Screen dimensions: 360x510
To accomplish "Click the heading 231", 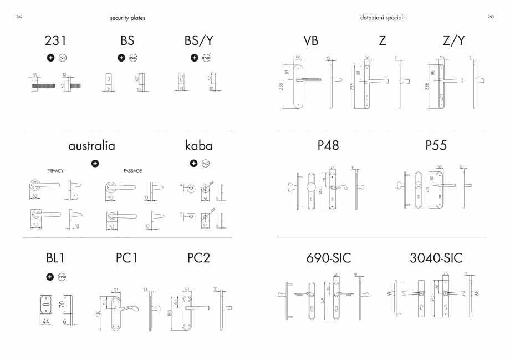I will tap(55, 41).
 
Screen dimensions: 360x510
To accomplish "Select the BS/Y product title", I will tap(198, 41).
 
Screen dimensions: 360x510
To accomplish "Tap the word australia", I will tap(92, 146).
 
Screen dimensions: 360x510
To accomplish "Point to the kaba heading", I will tap(198, 146).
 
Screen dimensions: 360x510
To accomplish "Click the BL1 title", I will tap(56, 258).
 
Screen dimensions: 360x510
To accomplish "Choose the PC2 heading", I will tap(198, 258).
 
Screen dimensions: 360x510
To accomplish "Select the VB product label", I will tap(311, 41).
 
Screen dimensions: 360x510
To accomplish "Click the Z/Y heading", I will tap(454, 41).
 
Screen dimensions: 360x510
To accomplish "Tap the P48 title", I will tap(328, 146).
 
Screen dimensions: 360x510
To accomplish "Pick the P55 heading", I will tap(436, 146).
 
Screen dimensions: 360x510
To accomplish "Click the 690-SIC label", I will tap(329, 258).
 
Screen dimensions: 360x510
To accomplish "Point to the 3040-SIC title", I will tap(436, 258).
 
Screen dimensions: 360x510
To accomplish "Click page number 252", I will tap(19, 17).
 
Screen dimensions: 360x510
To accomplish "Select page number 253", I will tap(491, 17).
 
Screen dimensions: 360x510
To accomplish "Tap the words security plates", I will tap(127, 18).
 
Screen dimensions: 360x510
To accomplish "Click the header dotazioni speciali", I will tap(382, 18).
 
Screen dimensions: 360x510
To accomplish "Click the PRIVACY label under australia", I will tap(56, 171).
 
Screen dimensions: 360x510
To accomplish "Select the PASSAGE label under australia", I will tap(132, 171).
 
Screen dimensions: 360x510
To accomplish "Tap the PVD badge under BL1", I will tap(62, 277).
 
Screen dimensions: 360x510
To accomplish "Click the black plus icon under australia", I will tap(95, 163).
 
